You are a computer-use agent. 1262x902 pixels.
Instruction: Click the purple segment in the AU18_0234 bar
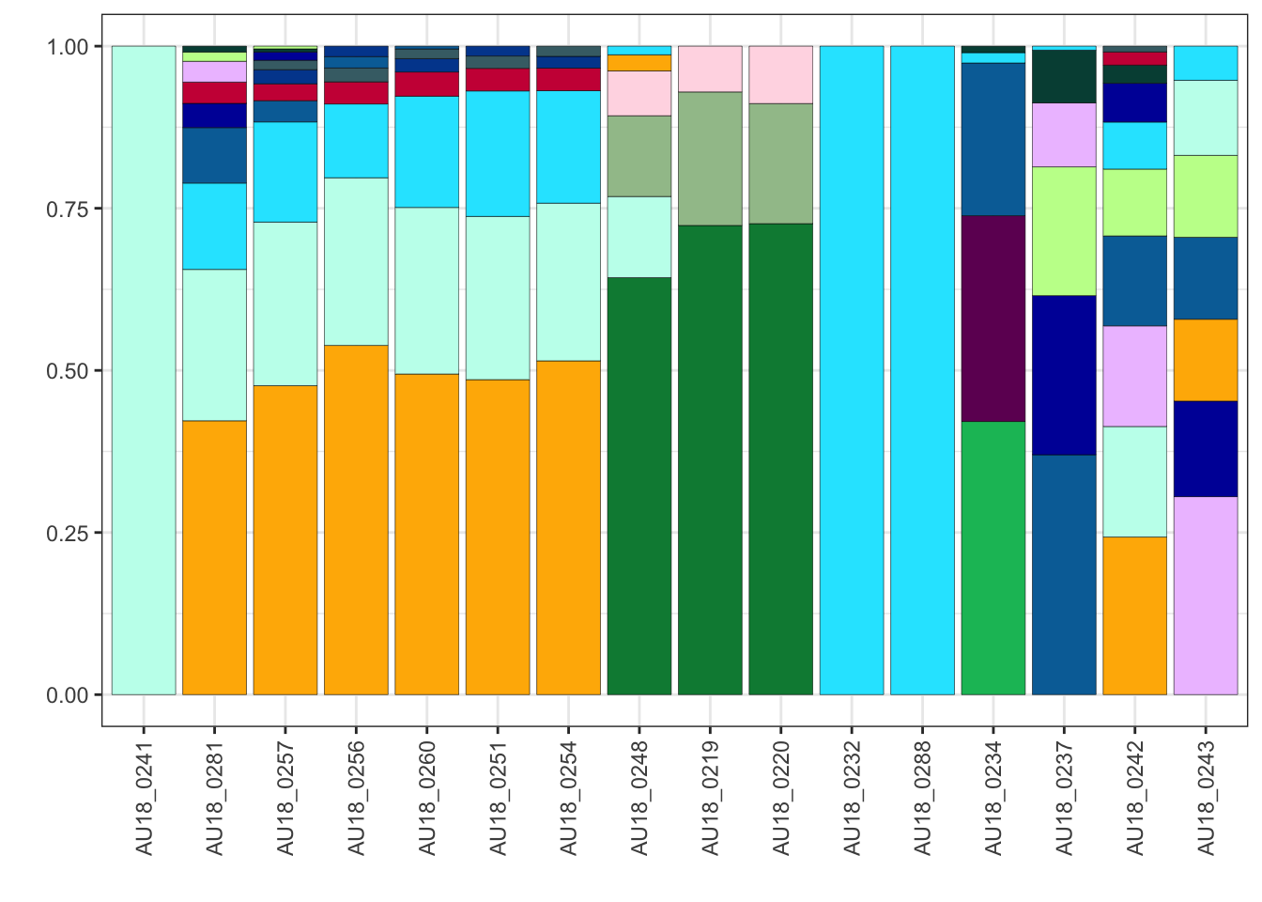pyautogui.click(x=993, y=319)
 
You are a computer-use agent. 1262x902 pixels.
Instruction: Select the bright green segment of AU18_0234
pyautogui.click(x=993, y=558)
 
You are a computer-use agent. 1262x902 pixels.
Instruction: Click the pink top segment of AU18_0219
pyautogui.click(x=710, y=69)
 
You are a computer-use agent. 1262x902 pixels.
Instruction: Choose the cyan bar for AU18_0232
pyautogui.click(x=852, y=370)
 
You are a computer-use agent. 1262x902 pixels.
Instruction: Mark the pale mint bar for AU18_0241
pyautogui.click(x=144, y=370)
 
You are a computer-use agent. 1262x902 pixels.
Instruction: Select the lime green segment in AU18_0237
pyautogui.click(x=1064, y=231)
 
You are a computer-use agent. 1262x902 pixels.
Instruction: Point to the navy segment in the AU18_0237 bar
pyautogui.click(x=1064, y=375)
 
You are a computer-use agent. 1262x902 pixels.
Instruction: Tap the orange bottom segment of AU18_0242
pyautogui.click(x=1134, y=615)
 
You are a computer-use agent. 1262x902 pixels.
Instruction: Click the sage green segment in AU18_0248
pyautogui.click(x=639, y=156)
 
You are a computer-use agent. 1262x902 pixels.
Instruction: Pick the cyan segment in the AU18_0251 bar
pyautogui.click(x=498, y=153)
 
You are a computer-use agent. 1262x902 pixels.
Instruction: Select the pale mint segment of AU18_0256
pyautogui.click(x=356, y=261)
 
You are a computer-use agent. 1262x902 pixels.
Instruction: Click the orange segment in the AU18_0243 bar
pyautogui.click(x=1206, y=360)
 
